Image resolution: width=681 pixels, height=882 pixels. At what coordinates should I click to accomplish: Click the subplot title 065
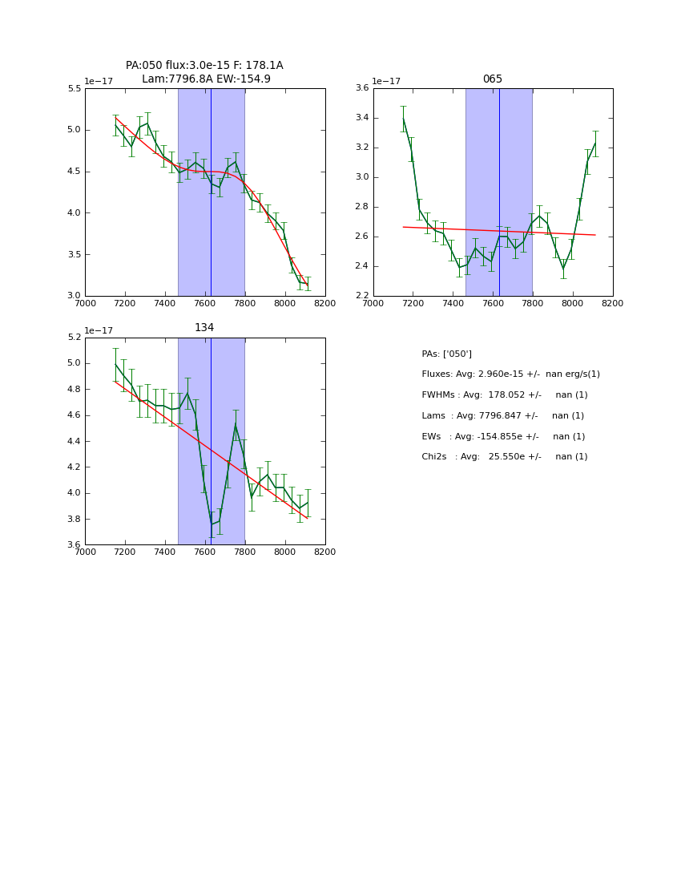[x=492, y=79]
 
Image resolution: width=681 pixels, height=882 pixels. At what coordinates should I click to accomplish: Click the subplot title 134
[x=204, y=328]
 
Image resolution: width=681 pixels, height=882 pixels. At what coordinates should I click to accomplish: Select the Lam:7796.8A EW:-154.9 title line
[x=206, y=79]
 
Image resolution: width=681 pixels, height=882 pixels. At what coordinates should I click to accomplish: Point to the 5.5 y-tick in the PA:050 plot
[x=74, y=88]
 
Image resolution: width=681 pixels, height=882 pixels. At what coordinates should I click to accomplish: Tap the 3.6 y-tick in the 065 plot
[x=361, y=88]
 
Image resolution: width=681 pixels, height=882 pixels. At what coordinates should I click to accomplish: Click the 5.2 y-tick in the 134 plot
[x=74, y=338]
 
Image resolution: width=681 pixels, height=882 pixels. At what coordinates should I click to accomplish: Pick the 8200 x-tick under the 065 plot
[x=612, y=303]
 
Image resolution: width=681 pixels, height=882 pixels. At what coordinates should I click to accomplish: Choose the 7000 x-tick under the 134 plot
[x=85, y=552]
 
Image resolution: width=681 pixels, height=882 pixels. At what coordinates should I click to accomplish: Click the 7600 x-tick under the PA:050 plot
[x=205, y=303]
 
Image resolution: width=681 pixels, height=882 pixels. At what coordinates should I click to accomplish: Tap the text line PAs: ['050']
[x=446, y=354]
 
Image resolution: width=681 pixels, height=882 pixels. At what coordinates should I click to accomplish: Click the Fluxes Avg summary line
[x=510, y=374]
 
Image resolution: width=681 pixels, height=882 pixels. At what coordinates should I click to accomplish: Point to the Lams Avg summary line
[x=502, y=416]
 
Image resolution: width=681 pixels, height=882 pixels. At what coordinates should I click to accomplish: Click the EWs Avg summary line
[x=503, y=436]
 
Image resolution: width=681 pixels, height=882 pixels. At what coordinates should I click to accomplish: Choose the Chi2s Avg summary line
[x=504, y=457]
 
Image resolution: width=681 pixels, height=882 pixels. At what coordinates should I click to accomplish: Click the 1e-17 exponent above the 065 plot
[x=386, y=81]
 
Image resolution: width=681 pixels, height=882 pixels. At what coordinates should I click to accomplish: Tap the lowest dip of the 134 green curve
[x=212, y=524]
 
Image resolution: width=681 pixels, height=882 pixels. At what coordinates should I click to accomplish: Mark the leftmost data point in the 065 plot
[x=403, y=119]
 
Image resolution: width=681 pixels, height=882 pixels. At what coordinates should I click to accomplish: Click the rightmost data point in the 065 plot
[x=595, y=144]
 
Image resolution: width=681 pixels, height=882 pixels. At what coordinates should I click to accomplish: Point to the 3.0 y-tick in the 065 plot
[x=361, y=177]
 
